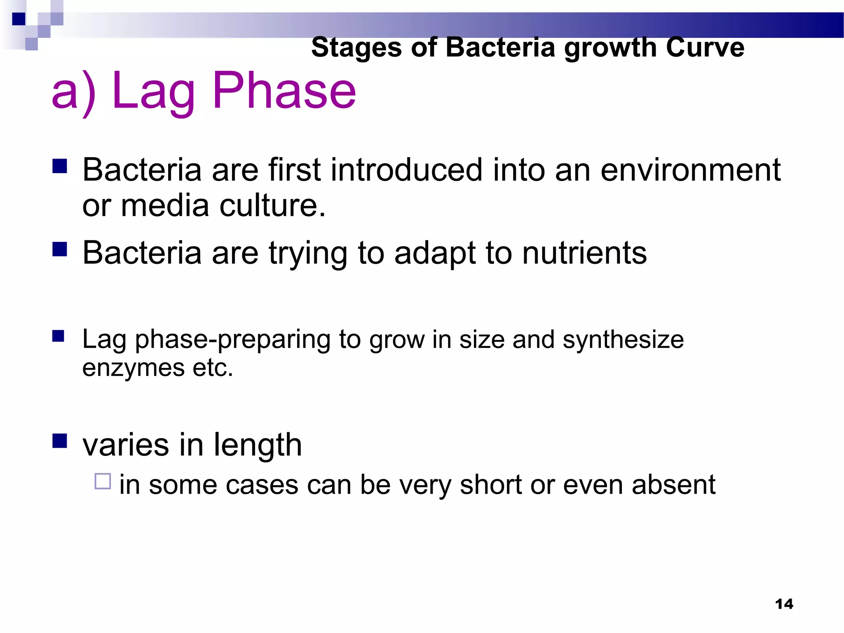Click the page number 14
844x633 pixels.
pos(784,604)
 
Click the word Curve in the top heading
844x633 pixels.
pos(705,47)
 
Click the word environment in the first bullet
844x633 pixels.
pos(690,170)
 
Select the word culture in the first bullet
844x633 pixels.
pos(272,205)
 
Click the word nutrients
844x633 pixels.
pos(584,253)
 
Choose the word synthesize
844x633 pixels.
pos(623,340)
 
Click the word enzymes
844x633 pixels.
pos(133,368)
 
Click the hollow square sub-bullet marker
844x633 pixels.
pos(103,481)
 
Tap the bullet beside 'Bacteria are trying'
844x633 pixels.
pos(60,249)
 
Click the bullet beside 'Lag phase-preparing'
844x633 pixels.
pos(59,336)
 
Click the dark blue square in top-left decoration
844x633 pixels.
pos(19,19)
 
